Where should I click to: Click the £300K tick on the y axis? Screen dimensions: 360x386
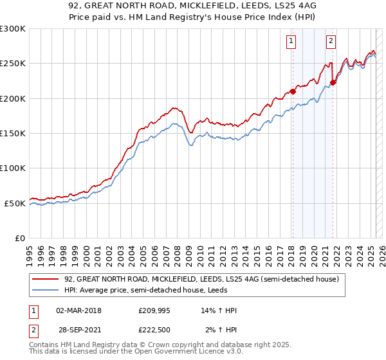(x=13, y=29)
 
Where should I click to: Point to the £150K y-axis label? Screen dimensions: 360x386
(x=13, y=134)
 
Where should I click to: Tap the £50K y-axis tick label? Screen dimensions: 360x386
(x=15, y=203)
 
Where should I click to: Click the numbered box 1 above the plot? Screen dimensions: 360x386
(x=291, y=41)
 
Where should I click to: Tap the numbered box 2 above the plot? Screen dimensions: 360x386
(x=331, y=41)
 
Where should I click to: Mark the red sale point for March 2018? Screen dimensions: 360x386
(x=293, y=91)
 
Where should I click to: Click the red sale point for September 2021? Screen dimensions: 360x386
(x=333, y=82)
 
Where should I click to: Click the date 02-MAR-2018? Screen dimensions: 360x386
(x=78, y=310)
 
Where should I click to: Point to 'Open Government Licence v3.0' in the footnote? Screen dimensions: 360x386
(x=190, y=352)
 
